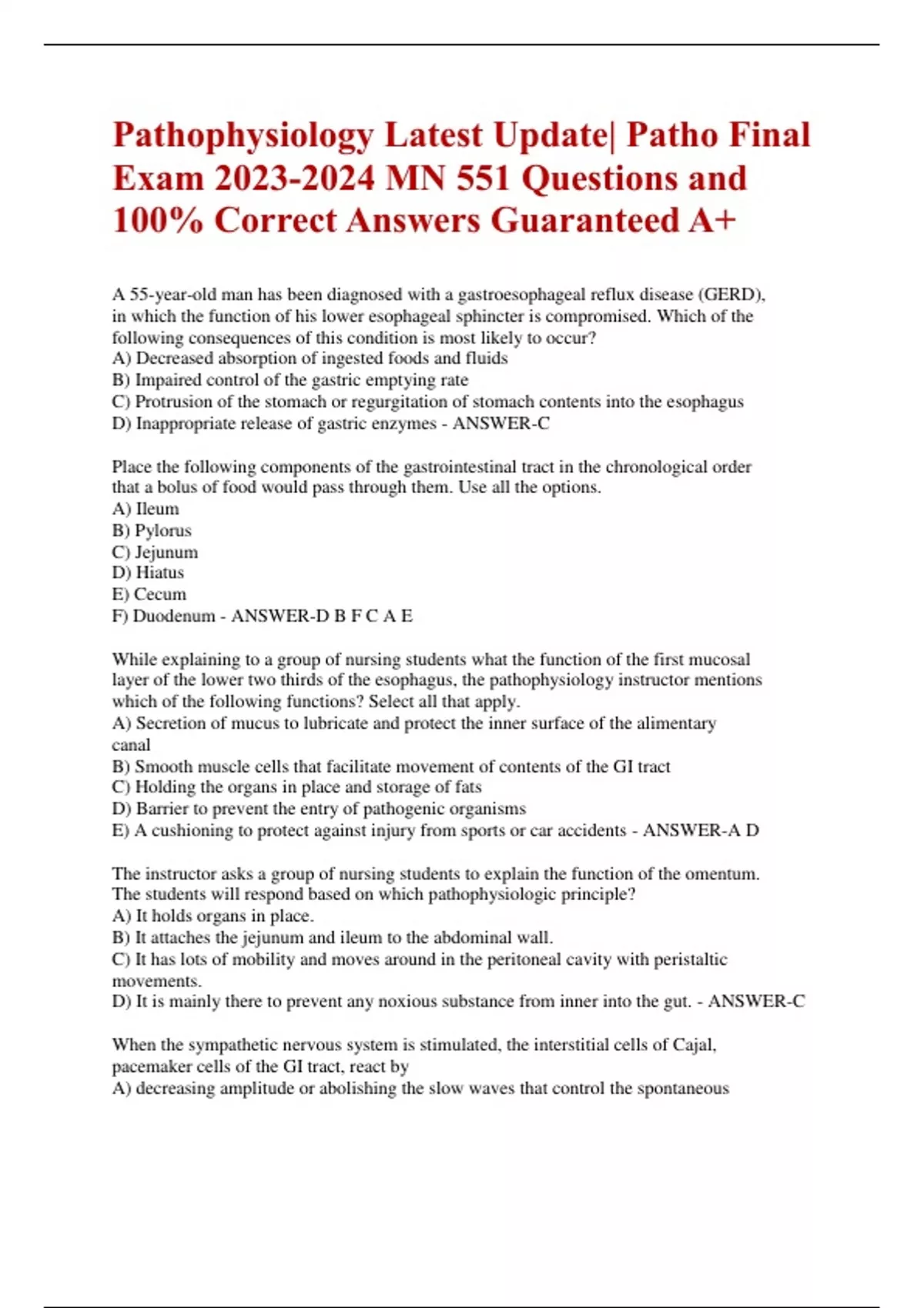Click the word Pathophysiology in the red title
243,136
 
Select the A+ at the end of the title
713,221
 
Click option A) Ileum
146,509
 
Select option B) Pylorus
152,531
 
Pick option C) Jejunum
155,552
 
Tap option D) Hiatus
148,573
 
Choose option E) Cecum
149,595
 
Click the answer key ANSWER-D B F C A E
322,616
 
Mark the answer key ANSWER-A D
701,831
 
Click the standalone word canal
131,745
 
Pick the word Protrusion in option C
172,402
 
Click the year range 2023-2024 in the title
296,179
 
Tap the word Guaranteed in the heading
585,221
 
